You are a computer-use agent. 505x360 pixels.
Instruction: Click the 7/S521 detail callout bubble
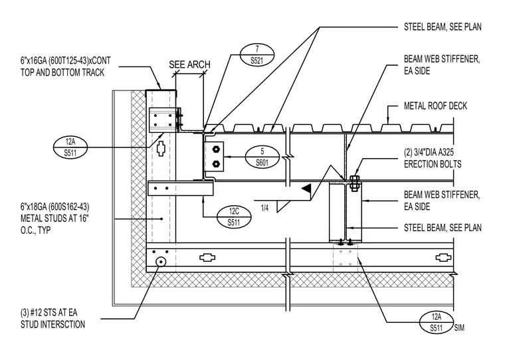click(x=257, y=54)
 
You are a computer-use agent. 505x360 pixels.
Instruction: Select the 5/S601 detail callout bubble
click(x=262, y=157)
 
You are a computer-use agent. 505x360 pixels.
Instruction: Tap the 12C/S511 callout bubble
click(x=234, y=217)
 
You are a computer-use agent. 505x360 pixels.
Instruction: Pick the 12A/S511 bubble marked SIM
click(x=437, y=322)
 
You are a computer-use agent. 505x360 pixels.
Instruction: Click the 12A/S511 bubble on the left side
click(x=70, y=147)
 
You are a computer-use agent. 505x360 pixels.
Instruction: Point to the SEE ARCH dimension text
click(x=189, y=64)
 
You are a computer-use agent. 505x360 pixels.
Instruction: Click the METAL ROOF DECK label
click(x=435, y=106)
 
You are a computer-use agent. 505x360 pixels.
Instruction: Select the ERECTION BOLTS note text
click(x=433, y=164)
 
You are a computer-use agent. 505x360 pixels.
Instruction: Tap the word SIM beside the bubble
click(x=460, y=328)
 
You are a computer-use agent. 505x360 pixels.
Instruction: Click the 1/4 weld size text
click(x=264, y=209)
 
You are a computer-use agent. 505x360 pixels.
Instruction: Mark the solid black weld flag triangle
click(x=306, y=188)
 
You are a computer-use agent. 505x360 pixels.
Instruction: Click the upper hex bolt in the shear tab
click(x=216, y=149)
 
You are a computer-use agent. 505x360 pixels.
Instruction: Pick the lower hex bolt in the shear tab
click(x=216, y=163)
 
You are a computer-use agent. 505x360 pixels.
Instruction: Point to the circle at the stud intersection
click(x=160, y=262)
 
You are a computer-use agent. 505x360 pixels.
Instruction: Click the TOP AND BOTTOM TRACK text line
click(x=62, y=72)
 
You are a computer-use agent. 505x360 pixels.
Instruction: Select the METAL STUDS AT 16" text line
click(x=54, y=219)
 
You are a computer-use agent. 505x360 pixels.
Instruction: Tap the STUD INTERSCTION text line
click(x=52, y=324)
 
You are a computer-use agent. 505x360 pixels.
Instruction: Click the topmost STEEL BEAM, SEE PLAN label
click(x=443, y=27)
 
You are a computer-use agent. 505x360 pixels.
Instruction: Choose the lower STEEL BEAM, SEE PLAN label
click(x=443, y=228)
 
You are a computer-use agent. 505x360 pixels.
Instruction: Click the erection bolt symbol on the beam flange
click(x=354, y=183)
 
